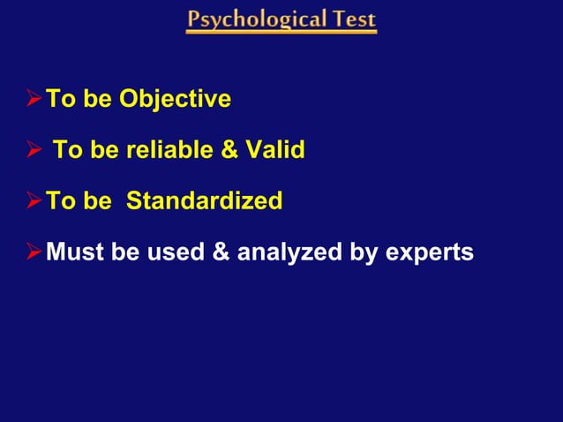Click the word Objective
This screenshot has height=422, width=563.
pyautogui.click(x=176, y=99)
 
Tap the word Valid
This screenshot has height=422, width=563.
pyautogui.click(x=273, y=150)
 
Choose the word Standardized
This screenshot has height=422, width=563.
pyautogui.click(x=205, y=201)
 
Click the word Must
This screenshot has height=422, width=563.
pyautogui.click(x=75, y=252)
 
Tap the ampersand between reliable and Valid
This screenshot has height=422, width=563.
pyautogui.click(x=228, y=150)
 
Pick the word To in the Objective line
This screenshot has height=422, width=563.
pyautogui.click(x=60, y=99)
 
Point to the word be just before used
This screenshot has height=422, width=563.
pyautogui.click(x=125, y=252)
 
